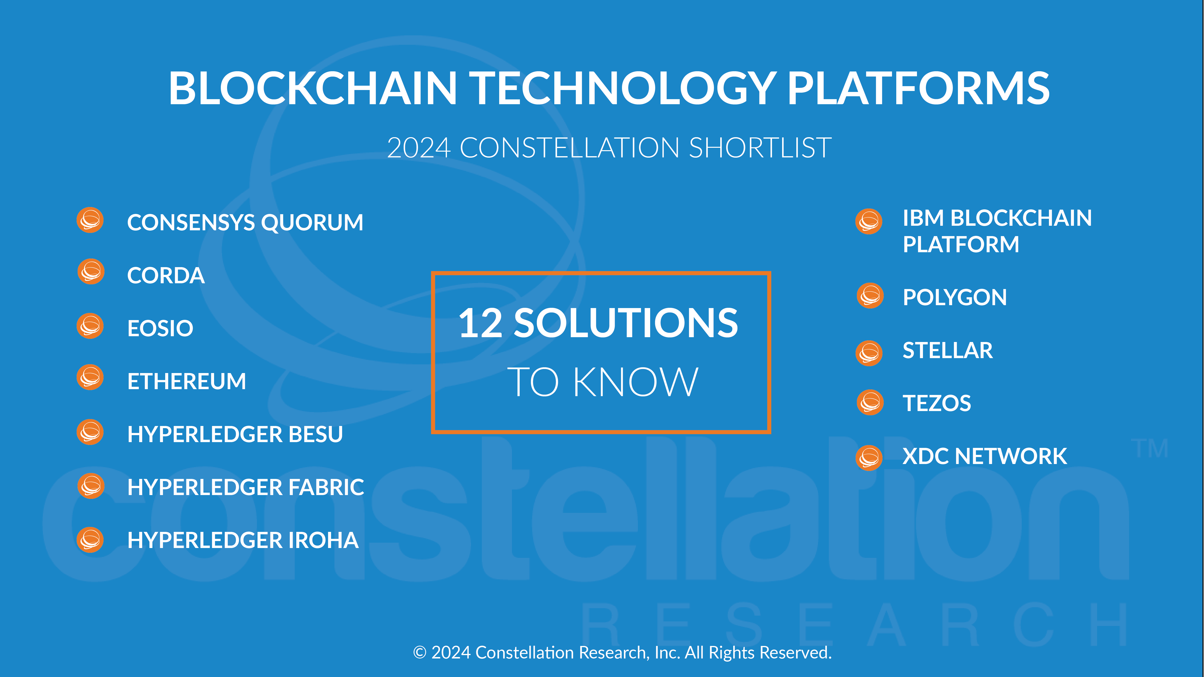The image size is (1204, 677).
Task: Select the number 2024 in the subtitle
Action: coord(419,148)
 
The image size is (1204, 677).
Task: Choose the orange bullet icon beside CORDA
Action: coord(91,271)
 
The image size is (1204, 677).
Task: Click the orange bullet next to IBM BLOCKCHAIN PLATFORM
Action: coord(869,221)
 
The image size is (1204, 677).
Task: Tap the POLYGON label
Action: coord(955,298)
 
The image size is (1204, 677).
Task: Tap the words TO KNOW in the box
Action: coord(603,382)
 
